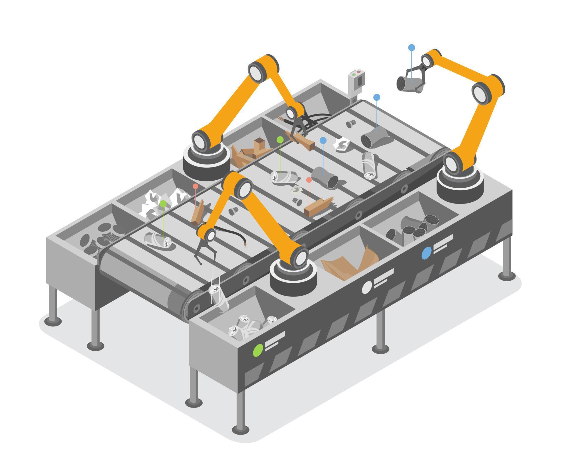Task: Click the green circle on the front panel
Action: point(258,350)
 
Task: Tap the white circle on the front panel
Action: point(366,287)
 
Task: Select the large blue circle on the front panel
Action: point(426,253)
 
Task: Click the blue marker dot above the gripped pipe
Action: point(412,47)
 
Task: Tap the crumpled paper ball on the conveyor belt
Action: point(342,144)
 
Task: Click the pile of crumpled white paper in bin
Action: point(161,201)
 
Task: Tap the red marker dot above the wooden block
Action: point(309,180)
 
